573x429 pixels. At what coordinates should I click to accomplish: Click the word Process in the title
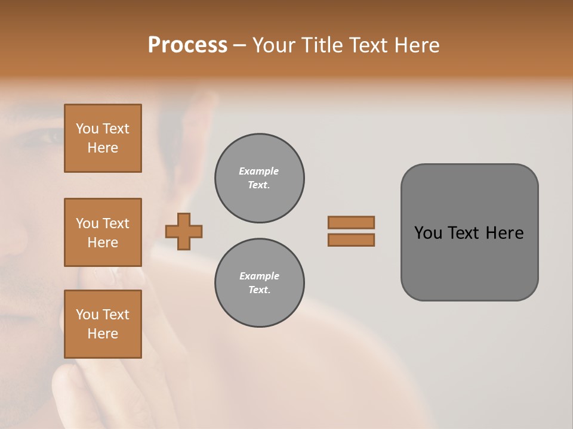[x=187, y=45]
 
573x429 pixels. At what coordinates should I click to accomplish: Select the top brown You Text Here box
[x=103, y=138]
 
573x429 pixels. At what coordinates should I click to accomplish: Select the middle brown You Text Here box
[x=103, y=232]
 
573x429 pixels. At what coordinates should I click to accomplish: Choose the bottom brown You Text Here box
[x=103, y=324]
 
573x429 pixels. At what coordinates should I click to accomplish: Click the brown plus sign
[x=184, y=231]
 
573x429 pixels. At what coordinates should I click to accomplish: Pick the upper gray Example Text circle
[x=259, y=178]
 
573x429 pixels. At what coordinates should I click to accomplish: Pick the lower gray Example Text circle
[x=259, y=283]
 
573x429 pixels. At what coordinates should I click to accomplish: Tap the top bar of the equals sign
[x=351, y=222]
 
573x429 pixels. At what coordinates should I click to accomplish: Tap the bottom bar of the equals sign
[x=351, y=240]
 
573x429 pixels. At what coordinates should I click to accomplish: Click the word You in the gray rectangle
[x=428, y=233]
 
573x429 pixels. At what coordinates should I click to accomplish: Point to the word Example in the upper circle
[x=259, y=172]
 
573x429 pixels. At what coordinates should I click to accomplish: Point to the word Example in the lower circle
[x=259, y=276]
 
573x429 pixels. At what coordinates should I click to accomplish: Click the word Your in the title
[x=275, y=45]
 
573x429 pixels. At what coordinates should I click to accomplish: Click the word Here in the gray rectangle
[x=504, y=233]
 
